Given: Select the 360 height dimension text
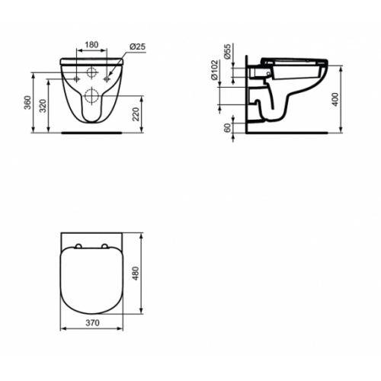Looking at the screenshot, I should click(x=27, y=102).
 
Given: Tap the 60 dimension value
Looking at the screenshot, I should click(x=228, y=128).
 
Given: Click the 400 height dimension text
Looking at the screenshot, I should click(x=335, y=99).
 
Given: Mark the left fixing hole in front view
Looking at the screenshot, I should click(x=78, y=77).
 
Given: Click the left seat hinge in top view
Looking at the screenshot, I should click(x=78, y=245).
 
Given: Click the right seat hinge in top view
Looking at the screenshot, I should click(x=107, y=245).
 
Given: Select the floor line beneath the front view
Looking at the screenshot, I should click(x=92, y=130).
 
